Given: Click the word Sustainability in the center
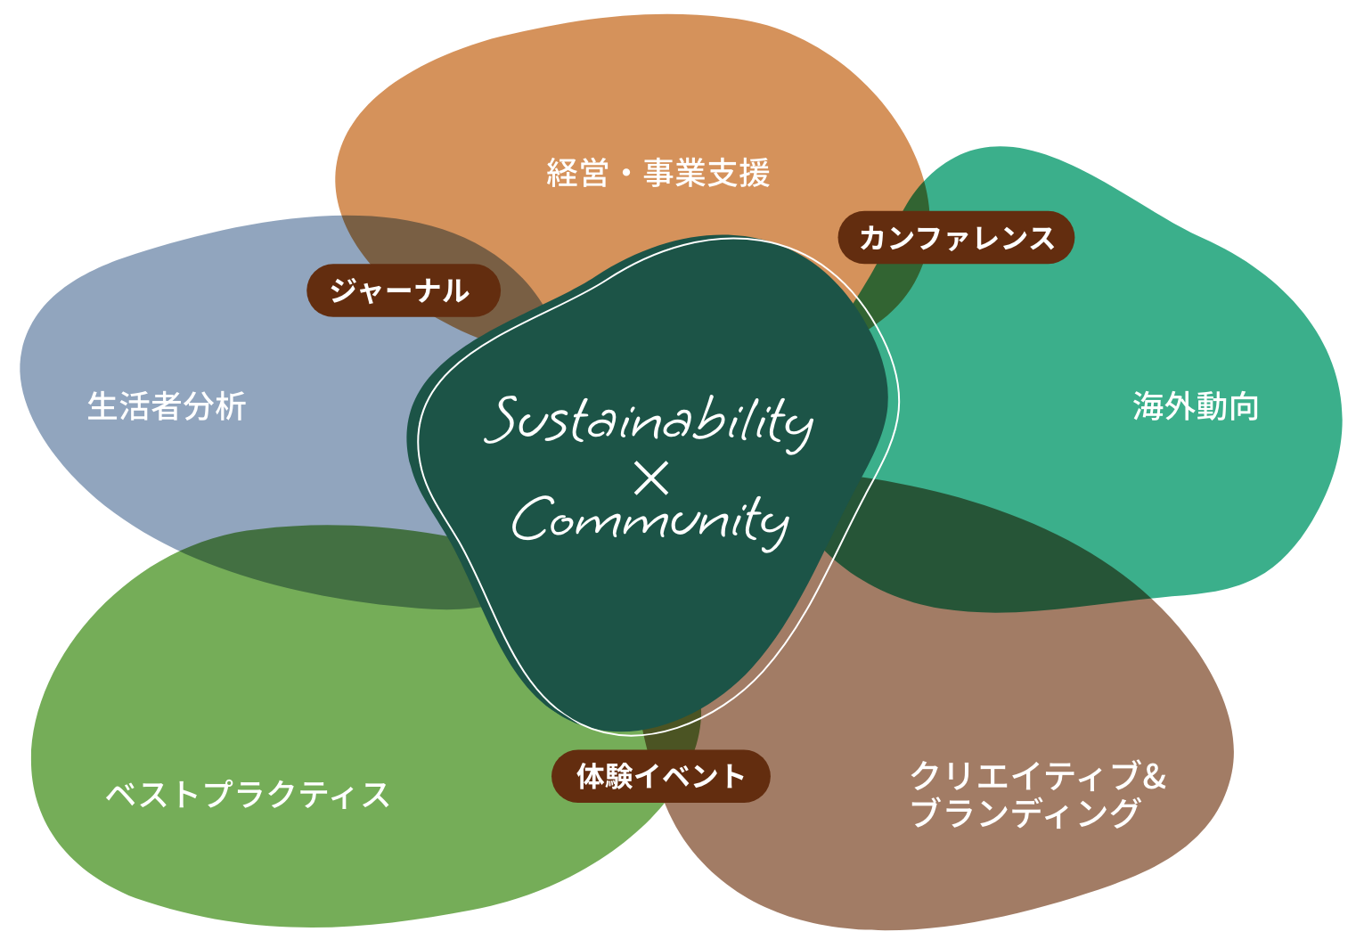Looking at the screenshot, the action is tap(649, 421).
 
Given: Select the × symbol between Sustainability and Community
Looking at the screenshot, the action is tap(651, 478).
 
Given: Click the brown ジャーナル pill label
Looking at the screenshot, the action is tap(403, 290).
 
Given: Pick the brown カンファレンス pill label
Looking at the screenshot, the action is tap(956, 238).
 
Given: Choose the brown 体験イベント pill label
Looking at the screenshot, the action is tap(660, 776).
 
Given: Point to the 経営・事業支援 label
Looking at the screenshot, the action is tap(658, 173).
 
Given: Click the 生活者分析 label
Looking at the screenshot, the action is tap(167, 406).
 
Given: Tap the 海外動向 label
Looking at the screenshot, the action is tap(1196, 406).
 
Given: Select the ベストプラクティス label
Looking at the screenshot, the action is tap(248, 794).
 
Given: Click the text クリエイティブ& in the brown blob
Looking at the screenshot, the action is tap(1037, 775).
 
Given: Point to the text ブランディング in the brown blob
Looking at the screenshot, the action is tap(1025, 813).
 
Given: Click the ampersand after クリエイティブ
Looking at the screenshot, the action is tap(1155, 776).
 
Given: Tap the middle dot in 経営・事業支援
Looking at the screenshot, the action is tap(625, 174).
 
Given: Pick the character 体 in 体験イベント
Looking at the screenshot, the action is tap(592, 776).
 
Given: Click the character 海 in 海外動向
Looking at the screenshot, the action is tap(1148, 406).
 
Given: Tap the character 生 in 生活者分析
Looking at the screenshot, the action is tap(102, 406).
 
